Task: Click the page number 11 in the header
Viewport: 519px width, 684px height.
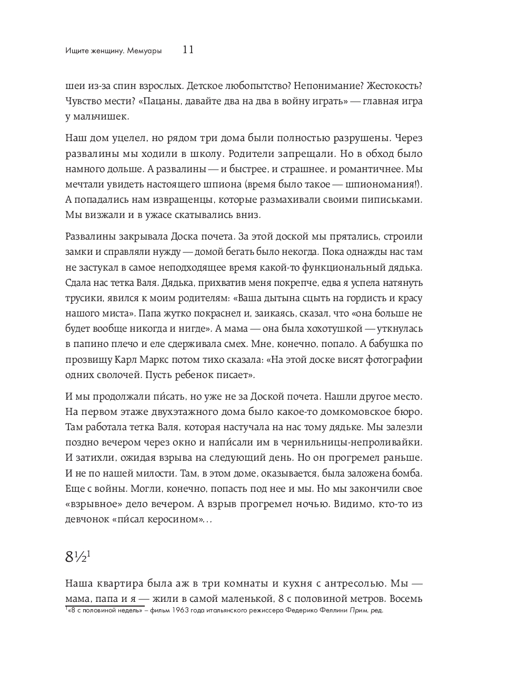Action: (x=188, y=50)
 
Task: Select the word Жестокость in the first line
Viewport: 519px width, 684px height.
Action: (x=394, y=86)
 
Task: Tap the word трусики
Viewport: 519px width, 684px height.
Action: (x=83, y=298)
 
